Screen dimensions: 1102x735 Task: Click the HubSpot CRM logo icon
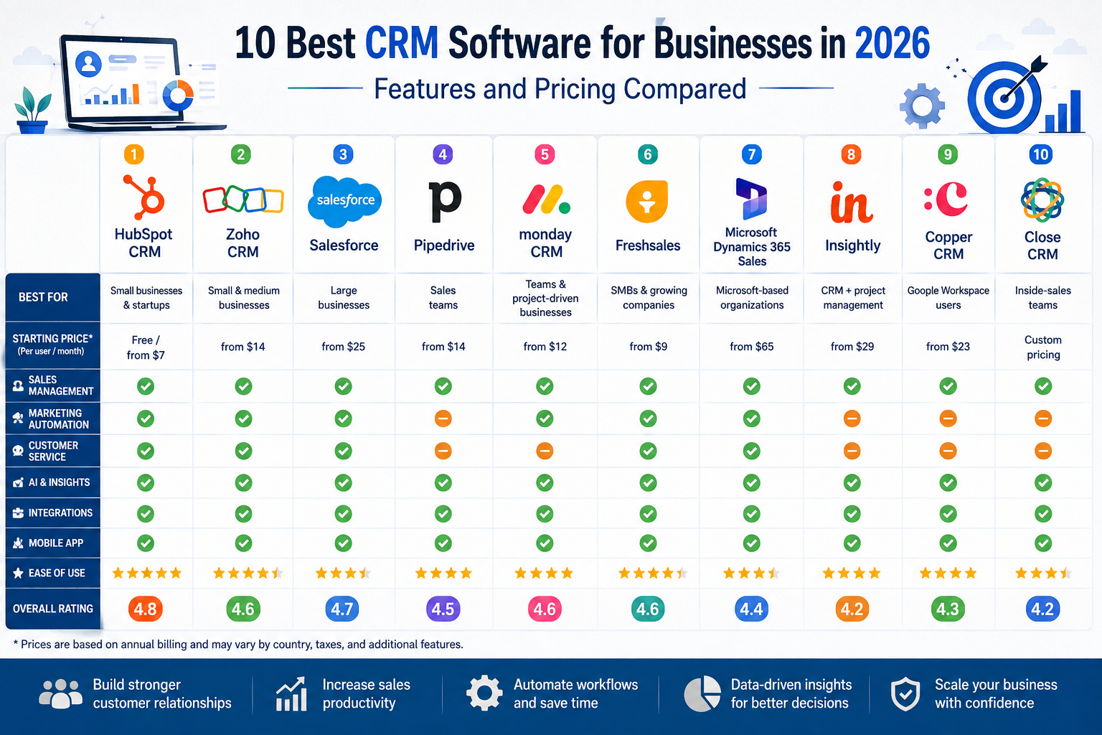pos(143,197)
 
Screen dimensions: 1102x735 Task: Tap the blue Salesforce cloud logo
pos(344,201)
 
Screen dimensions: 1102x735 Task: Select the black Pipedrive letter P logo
pos(444,201)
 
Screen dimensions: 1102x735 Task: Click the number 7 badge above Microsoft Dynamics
pos(751,154)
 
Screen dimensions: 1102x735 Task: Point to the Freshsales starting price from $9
pos(648,347)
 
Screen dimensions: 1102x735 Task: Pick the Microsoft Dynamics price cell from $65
pos(751,347)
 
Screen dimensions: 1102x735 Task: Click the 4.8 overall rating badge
pos(145,609)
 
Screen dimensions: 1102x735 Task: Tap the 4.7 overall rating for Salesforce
pos(342,609)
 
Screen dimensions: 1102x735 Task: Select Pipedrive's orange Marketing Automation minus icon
pos(443,418)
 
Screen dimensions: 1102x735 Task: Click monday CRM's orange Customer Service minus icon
pos(545,451)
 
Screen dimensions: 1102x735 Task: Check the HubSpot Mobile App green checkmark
pos(145,543)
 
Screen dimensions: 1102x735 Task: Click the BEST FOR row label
pos(43,297)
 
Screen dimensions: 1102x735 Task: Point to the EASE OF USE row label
pos(57,573)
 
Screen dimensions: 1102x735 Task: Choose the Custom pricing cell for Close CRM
pos(1043,347)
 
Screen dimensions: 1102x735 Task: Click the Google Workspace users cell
pos(948,297)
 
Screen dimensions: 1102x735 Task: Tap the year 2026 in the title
pos(892,43)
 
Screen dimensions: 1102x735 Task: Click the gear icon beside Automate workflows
pos(484,693)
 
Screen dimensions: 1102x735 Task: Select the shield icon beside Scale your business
pos(905,693)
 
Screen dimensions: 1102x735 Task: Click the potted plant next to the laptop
pos(32,111)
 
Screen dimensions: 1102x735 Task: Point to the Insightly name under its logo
pos(852,245)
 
